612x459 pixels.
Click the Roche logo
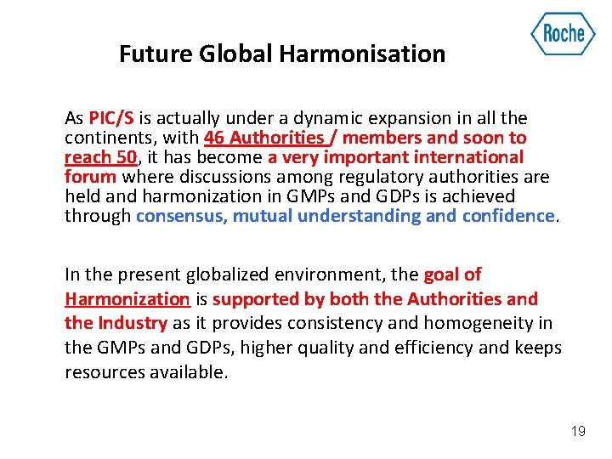(563, 34)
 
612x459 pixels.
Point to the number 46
(215, 138)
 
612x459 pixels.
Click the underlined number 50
(125, 157)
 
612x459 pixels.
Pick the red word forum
(92, 177)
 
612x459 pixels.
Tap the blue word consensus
(181, 216)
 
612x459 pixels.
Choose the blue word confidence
(507, 216)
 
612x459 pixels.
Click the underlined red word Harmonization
(127, 299)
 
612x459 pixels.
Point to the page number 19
(578, 432)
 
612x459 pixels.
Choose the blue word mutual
(263, 216)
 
